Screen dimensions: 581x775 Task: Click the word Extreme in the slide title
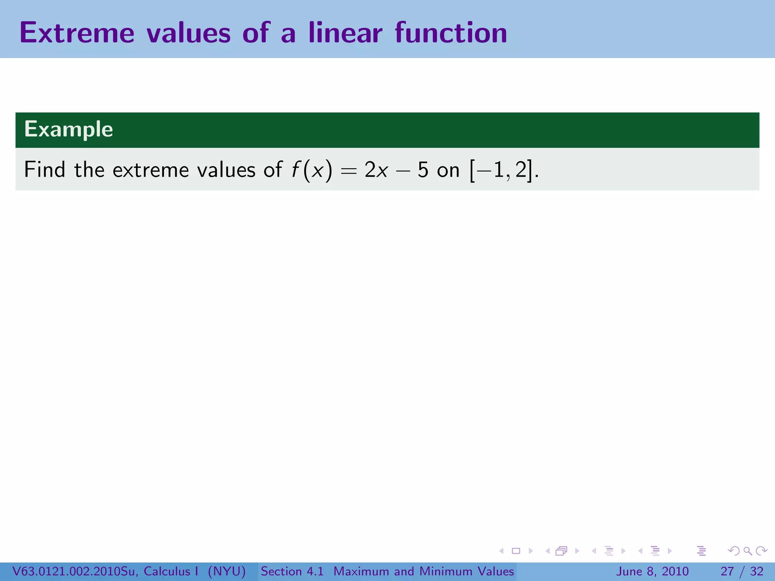[77, 33]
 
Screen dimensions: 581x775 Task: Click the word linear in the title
[345, 33]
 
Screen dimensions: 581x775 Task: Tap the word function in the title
[451, 33]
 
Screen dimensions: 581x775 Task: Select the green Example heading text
[68, 129]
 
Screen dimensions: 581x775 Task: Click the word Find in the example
[44, 169]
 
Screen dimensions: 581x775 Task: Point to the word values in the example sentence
[226, 169]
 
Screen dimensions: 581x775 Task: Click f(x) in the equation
[311, 170]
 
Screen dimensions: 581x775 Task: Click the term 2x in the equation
[376, 170]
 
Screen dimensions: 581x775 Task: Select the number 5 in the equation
[423, 170]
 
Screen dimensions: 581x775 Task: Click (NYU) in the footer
[227, 571]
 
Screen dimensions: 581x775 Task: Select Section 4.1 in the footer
[292, 571]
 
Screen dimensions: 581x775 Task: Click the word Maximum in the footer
[362, 571]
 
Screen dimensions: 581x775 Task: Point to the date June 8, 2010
[652, 571]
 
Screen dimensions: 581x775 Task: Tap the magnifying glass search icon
[747, 551]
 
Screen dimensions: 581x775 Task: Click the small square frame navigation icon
[516, 551]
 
